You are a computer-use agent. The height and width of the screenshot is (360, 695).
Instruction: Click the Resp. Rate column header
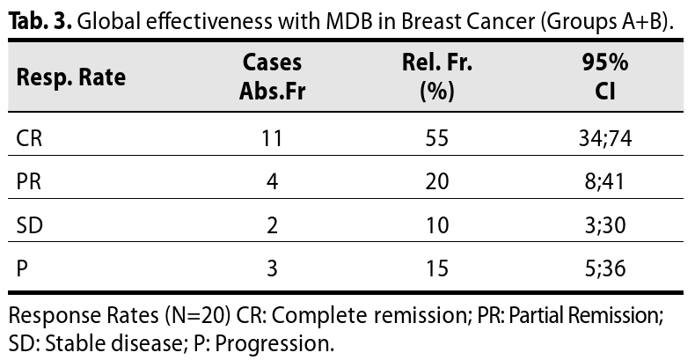[x=71, y=77]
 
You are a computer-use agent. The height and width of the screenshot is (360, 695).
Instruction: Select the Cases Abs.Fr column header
[x=272, y=77]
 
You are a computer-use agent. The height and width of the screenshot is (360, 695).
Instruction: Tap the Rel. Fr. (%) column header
[x=437, y=77]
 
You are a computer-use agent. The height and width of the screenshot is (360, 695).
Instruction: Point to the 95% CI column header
[x=605, y=77]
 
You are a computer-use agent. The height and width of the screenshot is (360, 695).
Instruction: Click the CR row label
[x=29, y=138]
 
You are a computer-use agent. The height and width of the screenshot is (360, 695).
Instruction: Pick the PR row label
[x=29, y=181]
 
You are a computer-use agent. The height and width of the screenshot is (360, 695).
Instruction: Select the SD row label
[x=30, y=224]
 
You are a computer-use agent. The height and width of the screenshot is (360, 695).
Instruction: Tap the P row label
[x=22, y=268]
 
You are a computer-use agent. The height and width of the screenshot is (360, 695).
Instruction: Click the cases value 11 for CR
[x=272, y=138]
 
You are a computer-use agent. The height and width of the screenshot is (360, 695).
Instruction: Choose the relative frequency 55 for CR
[x=437, y=138]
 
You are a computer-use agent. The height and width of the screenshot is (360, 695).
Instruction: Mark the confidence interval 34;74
[x=605, y=138]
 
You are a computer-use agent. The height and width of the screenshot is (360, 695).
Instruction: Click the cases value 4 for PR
[x=272, y=181]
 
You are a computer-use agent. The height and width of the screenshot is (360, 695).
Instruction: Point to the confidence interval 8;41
[x=604, y=181]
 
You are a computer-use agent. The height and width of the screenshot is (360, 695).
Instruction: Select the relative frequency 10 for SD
[x=437, y=224]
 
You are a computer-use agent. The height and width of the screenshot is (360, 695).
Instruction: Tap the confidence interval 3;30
[x=605, y=224]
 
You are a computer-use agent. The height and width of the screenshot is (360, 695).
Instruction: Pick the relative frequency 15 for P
[x=437, y=268]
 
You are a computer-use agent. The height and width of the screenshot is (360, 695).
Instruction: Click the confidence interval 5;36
[x=605, y=268]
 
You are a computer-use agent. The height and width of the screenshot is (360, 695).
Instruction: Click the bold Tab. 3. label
[x=40, y=21]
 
